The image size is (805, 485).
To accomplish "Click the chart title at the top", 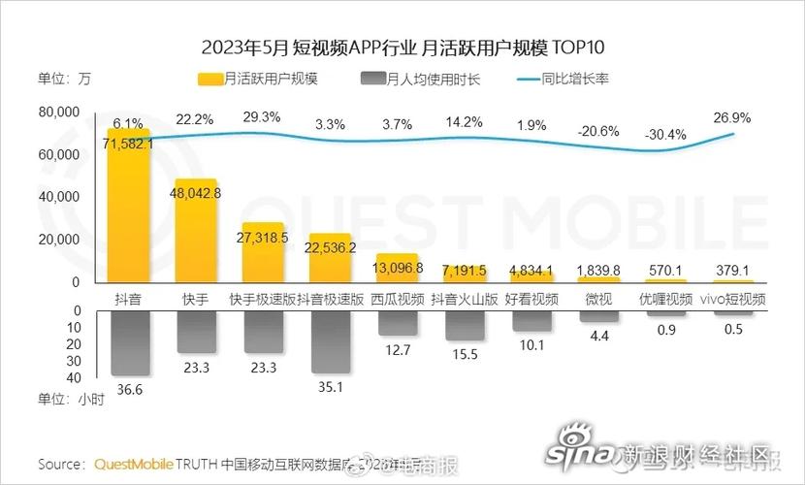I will click(402, 47).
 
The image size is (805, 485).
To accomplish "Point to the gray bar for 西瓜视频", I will click(398, 323).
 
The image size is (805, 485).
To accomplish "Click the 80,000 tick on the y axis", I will click(58, 113).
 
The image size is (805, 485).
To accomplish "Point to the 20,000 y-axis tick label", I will click(58, 240).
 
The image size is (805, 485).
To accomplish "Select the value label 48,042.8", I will click(197, 193).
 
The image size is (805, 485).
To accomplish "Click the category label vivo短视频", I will click(733, 300).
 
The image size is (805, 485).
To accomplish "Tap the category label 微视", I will click(599, 300).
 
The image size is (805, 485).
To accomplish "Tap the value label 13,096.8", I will click(399, 269).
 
